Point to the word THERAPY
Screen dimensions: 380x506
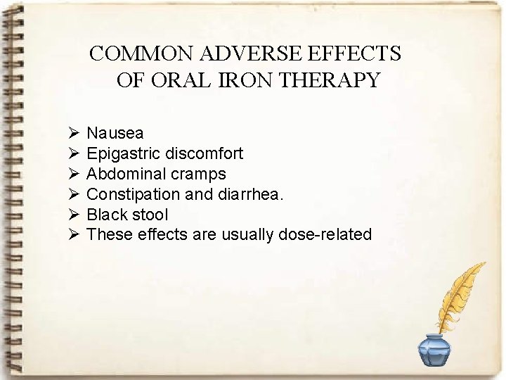click(330, 80)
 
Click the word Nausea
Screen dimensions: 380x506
click(115, 133)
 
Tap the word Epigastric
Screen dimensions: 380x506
click(123, 153)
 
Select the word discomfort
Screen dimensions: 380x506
click(203, 153)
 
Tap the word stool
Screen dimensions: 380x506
click(149, 215)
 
